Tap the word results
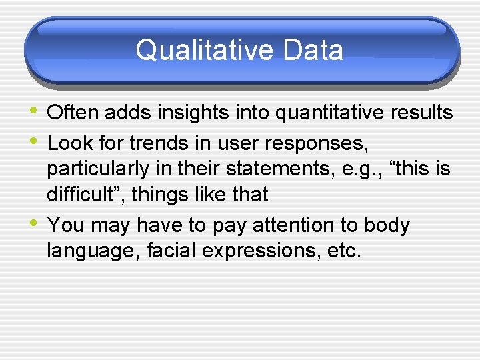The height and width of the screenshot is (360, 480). pyautogui.click(x=420, y=113)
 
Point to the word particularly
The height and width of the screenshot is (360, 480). pyautogui.click(x=97, y=169)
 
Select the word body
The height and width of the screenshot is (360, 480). pyautogui.click(x=386, y=225)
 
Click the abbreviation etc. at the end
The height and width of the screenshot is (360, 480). pyautogui.click(x=344, y=252)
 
